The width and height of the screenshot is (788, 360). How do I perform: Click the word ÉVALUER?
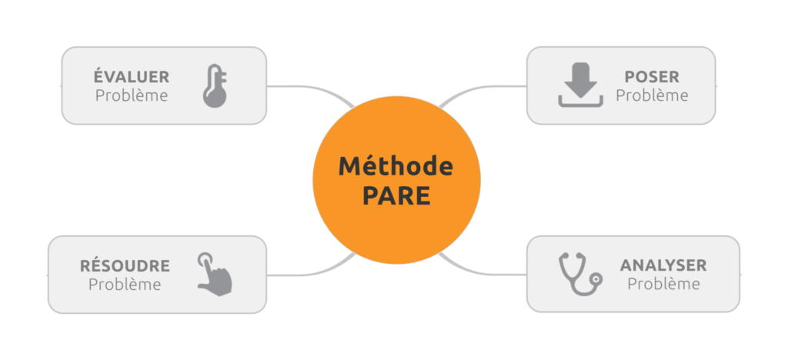(132, 76)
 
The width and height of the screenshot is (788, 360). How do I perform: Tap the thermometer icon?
(215, 85)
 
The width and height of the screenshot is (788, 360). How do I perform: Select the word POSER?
(652, 77)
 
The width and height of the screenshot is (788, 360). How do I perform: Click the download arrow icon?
(580, 85)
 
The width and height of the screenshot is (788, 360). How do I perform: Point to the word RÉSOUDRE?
(125, 265)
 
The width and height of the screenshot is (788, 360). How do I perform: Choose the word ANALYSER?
(663, 265)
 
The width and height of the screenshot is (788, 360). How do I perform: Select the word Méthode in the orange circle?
(396, 166)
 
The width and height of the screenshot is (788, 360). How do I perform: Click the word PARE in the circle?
(396, 196)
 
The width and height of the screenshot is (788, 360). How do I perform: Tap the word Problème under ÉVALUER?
(132, 95)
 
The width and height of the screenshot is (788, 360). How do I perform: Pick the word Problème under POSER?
(652, 95)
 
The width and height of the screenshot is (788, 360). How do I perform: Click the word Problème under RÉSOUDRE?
(125, 284)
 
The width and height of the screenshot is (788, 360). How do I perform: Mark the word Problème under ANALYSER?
(663, 284)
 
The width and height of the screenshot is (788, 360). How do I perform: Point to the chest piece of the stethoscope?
(596, 278)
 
